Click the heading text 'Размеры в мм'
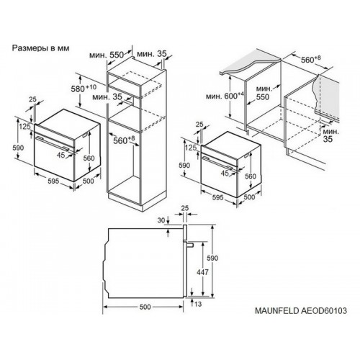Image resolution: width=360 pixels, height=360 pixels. pos(40,48)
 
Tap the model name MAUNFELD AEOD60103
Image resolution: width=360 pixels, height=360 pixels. pos(301,310)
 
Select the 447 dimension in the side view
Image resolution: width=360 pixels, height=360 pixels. pos(202,272)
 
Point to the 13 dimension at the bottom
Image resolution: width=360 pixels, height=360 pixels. pos(198,304)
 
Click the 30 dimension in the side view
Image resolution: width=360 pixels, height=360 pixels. pos(162,220)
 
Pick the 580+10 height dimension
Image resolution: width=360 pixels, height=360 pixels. pos(84,89)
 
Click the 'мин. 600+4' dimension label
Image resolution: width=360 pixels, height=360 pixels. pos(225,96)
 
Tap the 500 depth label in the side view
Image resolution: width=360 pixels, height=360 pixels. pos(145,307)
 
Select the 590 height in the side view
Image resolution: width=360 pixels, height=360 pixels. pos(212,258)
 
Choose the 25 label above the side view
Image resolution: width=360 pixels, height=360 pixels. pos(185,208)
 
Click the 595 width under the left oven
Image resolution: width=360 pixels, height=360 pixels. pos(53,181)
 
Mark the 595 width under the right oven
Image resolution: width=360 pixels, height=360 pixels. pos(218,197)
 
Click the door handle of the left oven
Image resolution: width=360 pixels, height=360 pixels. pos(52,144)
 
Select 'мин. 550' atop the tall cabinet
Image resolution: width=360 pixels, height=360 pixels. pos(107,55)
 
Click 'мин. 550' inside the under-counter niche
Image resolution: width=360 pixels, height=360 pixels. pos(264,93)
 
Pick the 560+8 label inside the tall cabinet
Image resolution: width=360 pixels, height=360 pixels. pos(124,140)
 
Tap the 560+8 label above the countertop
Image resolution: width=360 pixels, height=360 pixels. pos(311,59)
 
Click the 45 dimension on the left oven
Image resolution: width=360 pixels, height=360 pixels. pos(61,155)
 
